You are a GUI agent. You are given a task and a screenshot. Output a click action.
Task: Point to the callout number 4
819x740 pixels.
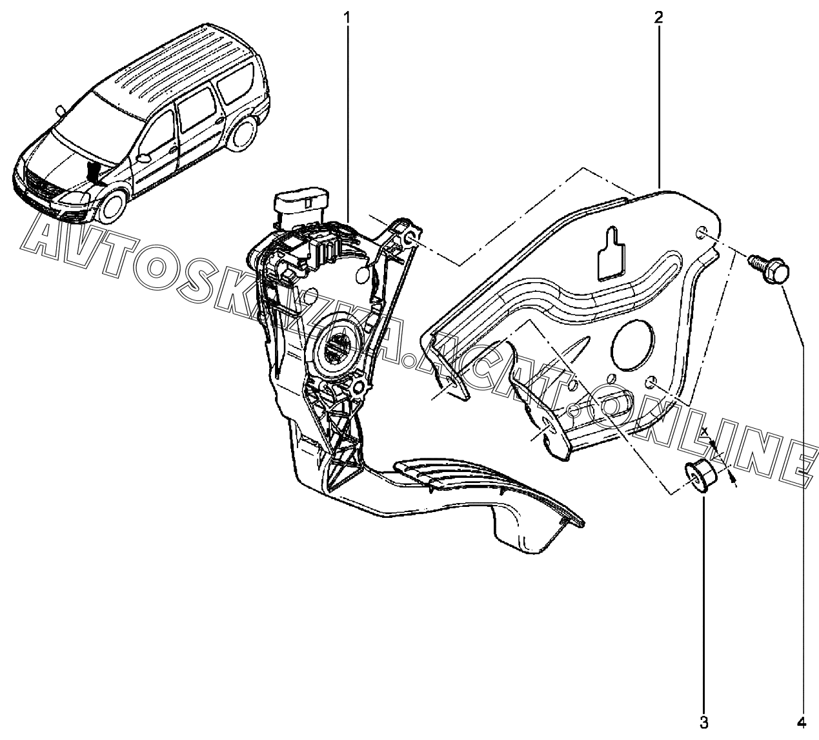804,721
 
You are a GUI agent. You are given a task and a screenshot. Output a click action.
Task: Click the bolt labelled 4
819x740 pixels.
767,269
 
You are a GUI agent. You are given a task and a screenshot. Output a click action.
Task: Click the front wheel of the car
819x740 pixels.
111,201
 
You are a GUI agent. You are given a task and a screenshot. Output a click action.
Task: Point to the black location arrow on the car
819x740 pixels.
95,174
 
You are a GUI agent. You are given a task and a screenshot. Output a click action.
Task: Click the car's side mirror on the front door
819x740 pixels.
144,157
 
